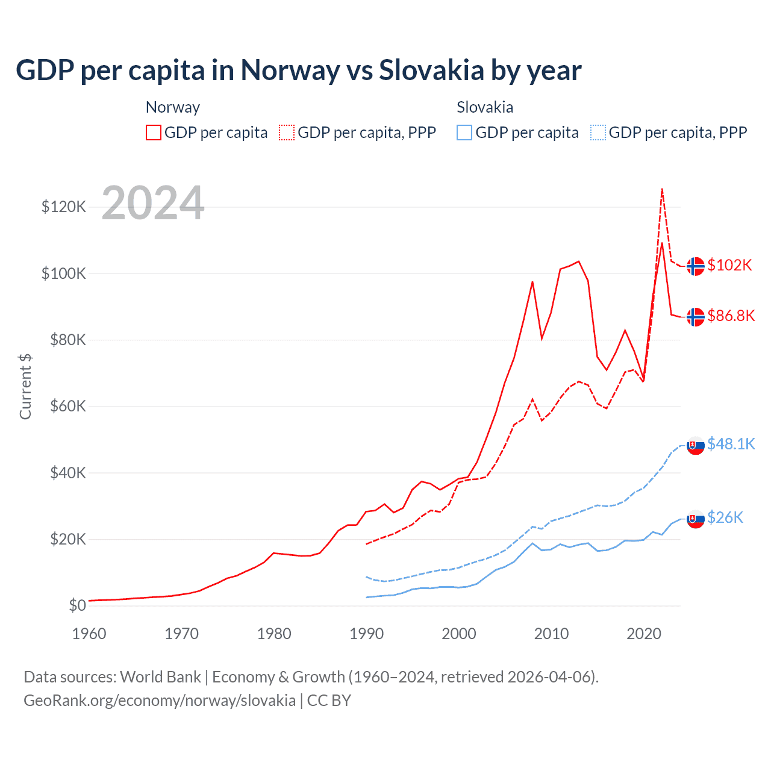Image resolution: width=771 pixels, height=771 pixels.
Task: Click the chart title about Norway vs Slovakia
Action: point(299,70)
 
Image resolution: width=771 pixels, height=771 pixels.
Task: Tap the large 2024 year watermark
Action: point(153,203)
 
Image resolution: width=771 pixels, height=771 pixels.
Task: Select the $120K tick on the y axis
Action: point(64,207)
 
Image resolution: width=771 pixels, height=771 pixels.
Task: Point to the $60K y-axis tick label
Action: point(67,407)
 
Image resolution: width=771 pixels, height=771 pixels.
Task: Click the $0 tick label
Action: point(77,606)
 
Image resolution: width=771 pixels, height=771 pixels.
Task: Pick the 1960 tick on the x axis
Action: point(89,634)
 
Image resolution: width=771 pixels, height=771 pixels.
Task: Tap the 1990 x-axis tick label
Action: point(367,634)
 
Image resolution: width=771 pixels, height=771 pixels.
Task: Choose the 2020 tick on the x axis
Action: point(644,634)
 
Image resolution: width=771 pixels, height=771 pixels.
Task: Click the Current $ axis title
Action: point(25,387)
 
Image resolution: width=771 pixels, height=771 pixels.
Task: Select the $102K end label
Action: point(730,266)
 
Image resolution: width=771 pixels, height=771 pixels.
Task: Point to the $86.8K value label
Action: point(731,316)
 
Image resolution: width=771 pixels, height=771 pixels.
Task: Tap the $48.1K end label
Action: point(731,445)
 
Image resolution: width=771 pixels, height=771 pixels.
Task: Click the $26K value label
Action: point(725,518)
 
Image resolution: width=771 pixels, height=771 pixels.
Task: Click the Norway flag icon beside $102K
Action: point(696,266)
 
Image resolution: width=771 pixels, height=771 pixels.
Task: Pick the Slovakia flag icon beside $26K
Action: point(696,519)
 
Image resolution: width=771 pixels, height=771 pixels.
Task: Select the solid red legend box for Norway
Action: point(154,133)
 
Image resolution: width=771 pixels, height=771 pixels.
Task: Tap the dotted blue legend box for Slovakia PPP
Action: point(598,133)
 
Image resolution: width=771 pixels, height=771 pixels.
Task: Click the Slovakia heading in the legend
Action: point(485,107)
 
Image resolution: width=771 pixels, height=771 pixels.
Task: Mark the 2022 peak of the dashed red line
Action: point(662,189)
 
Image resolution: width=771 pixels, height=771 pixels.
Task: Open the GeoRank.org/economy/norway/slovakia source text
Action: point(160,701)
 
